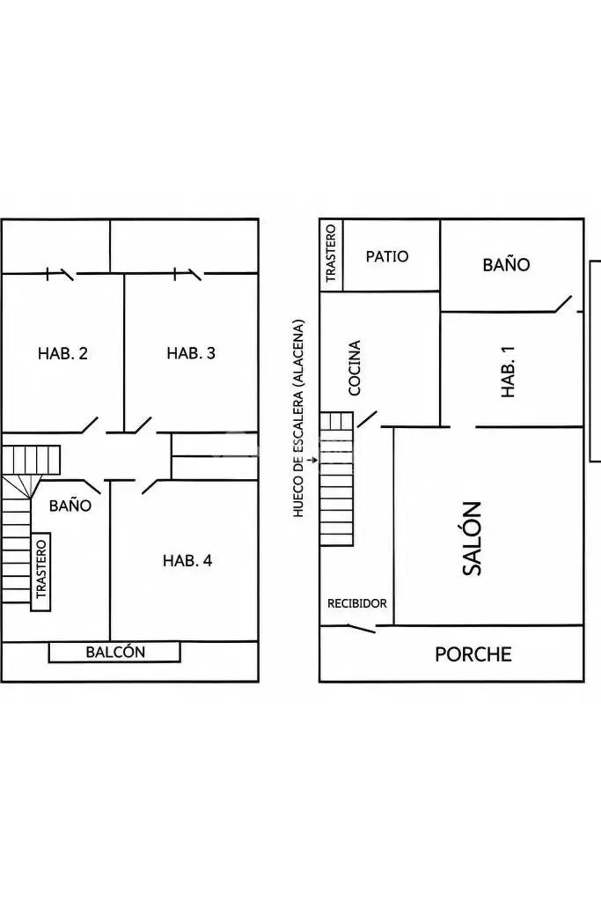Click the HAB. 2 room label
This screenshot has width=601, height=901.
click(x=62, y=353)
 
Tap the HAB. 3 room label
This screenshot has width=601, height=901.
click(x=191, y=353)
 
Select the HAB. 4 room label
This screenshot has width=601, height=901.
click(x=187, y=560)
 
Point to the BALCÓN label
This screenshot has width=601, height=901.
click(x=115, y=652)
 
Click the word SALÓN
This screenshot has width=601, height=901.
click(x=472, y=538)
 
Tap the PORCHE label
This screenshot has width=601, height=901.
click(x=473, y=654)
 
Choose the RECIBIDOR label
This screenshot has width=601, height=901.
click(x=357, y=603)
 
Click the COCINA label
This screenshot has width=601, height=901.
click(x=355, y=368)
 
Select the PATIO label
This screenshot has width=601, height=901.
click(x=387, y=256)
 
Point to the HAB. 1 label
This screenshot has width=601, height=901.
click(x=508, y=371)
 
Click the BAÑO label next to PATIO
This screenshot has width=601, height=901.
click(x=506, y=265)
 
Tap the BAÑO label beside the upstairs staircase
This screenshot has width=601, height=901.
click(x=70, y=506)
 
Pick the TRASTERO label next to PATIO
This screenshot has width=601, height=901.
click(x=331, y=254)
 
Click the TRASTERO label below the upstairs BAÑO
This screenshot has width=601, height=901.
click(x=40, y=570)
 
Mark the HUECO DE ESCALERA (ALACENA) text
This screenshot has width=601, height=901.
click(x=298, y=418)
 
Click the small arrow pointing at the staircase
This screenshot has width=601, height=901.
click(x=312, y=460)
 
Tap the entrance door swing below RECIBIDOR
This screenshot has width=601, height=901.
click(x=363, y=629)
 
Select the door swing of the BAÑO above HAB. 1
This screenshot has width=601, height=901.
click(x=563, y=304)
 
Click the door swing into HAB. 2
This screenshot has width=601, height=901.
click(x=89, y=425)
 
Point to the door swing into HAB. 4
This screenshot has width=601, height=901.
click(x=150, y=487)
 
